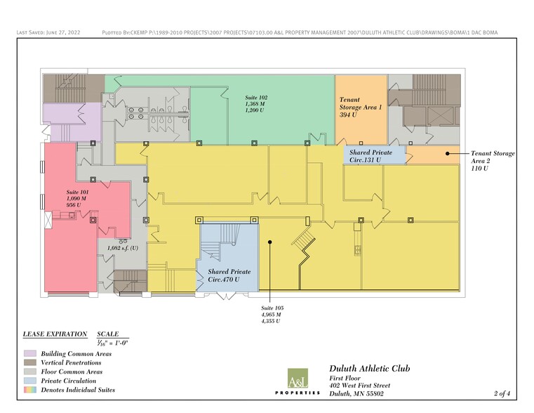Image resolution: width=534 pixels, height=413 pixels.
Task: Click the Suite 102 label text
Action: pyautogui.click(x=256, y=104)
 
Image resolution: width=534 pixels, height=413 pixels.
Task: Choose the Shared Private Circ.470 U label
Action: pyautogui.click(x=229, y=275)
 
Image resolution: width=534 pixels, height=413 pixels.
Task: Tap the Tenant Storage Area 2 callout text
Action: pyautogui.click(x=492, y=161)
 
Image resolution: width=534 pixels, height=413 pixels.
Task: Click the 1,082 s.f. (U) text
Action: pyautogui.click(x=122, y=248)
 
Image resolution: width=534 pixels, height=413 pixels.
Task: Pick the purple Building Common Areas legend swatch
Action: pyautogui.click(x=29, y=354)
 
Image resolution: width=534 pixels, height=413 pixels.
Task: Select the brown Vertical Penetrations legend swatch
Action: pyautogui.click(x=29, y=363)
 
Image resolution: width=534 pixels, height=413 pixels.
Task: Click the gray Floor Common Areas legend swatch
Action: pyautogui.click(x=29, y=372)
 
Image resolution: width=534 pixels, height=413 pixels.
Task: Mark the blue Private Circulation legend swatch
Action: pyautogui.click(x=29, y=381)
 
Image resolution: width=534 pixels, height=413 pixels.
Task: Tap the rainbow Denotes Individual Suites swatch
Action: pyautogui.click(x=29, y=390)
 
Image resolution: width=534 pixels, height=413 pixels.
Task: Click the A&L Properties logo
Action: pyautogui.click(x=298, y=383)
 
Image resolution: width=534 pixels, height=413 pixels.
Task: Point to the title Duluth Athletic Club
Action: pyautogui.click(x=370, y=369)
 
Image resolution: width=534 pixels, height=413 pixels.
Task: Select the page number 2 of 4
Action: pyautogui.click(x=503, y=393)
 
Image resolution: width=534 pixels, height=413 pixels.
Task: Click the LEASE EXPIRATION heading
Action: pyautogui.click(x=55, y=334)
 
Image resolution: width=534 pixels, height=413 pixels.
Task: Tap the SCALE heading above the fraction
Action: pyautogui.click(x=108, y=334)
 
